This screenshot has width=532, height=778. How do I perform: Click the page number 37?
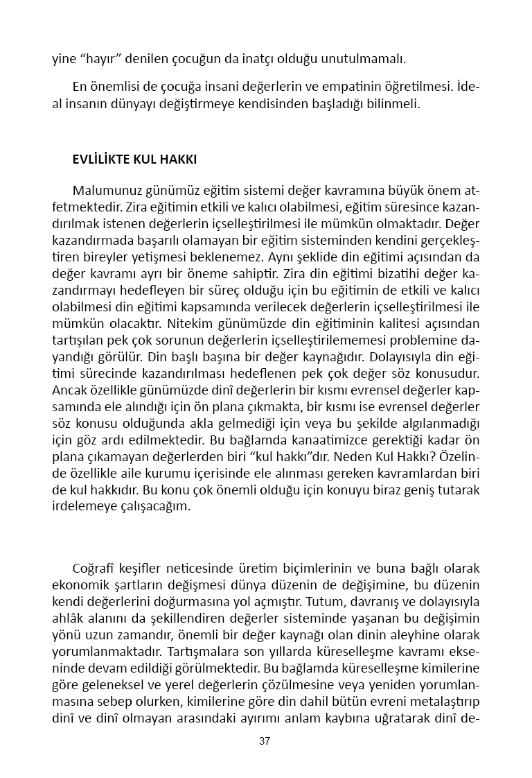265,741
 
